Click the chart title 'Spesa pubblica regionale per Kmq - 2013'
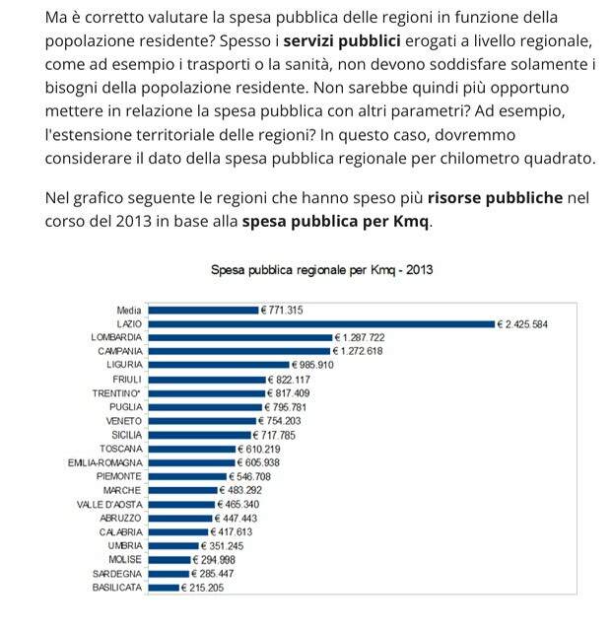(321, 269)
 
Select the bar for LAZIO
(321, 324)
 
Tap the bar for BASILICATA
(164, 588)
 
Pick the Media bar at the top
(203, 311)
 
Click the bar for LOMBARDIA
(240, 337)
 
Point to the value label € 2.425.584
(522, 324)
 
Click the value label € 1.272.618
(358, 351)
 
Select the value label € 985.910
(312, 365)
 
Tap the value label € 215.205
(202, 588)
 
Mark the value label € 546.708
(250, 477)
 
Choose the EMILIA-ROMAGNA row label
(105, 462)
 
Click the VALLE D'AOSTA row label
(109, 505)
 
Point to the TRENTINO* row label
(116, 393)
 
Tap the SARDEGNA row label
(117, 574)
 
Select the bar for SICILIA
(199, 435)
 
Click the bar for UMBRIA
(173, 546)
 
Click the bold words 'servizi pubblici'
(342, 41)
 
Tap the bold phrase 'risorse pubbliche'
(495, 197)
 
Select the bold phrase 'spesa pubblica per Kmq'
(336, 221)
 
